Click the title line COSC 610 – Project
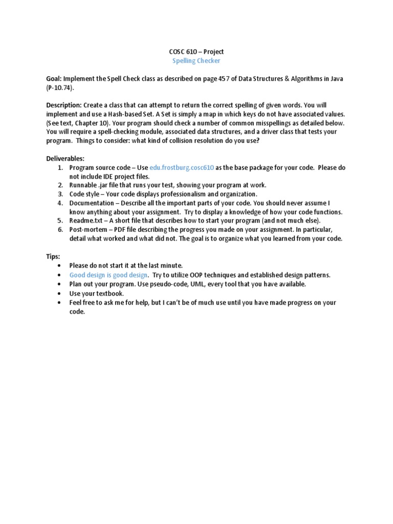196,52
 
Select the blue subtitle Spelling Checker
196,61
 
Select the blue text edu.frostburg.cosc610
182,168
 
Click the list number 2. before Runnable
60,185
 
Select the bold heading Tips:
53,256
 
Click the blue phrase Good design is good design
108,275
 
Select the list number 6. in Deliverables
60,230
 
